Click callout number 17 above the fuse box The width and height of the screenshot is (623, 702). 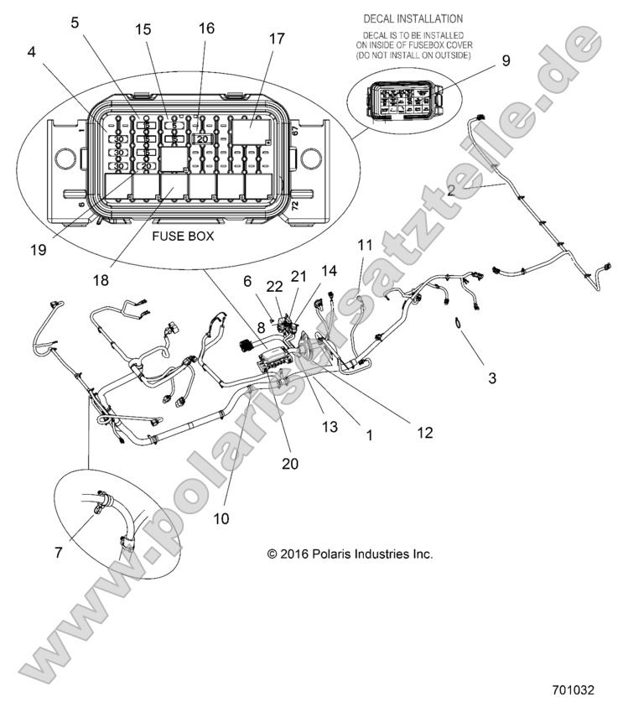pos(276,39)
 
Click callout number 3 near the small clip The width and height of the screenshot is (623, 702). pos(492,377)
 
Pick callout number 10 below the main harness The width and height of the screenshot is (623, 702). pos(221,518)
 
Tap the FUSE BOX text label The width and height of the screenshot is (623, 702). pos(182,237)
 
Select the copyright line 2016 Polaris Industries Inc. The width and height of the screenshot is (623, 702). pos(350,554)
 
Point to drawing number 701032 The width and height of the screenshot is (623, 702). pos(573,689)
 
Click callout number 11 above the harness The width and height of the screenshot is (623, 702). pos(363,245)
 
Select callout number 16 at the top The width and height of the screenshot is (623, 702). pos(205,28)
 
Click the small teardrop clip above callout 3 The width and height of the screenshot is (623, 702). pos(459,325)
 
